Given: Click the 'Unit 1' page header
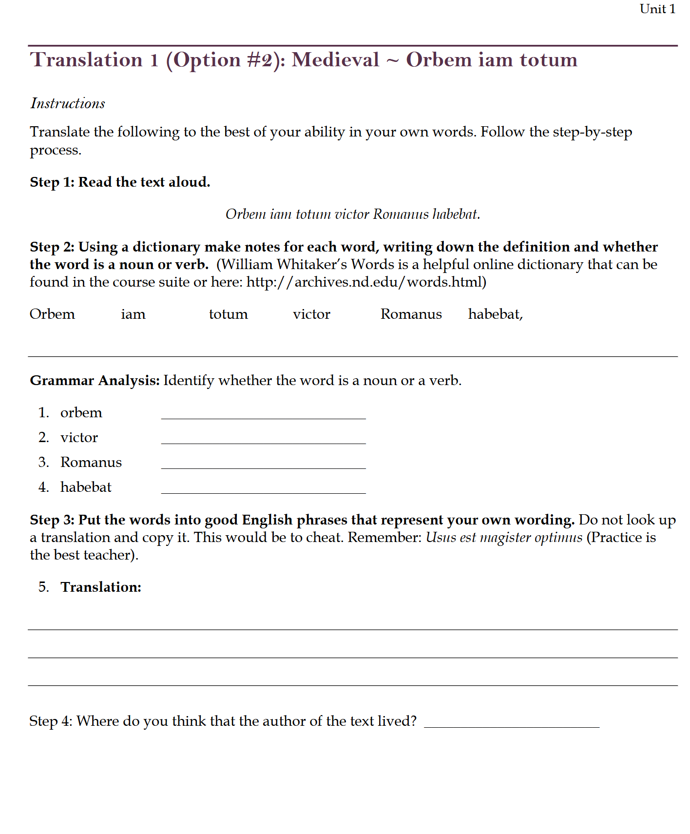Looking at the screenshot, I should [x=657, y=9].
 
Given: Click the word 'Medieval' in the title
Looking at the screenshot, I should [x=335, y=60].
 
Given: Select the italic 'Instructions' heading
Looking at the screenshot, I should [x=68, y=103].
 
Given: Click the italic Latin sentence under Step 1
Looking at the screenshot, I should [x=352, y=214].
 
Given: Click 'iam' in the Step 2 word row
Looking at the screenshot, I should [x=133, y=314].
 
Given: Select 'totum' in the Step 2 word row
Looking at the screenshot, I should [x=228, y=314].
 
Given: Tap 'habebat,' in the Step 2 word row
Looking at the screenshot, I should [x=495, y=314].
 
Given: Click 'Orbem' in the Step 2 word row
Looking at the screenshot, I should [x=52, y=314].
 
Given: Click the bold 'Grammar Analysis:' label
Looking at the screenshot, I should [x=95, y=381].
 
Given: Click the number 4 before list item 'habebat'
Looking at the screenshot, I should [x=43, y=487].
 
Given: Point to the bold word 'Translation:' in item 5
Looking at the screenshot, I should [x=101, y=587].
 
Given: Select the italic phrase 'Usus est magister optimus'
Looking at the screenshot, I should [x=504, y=538].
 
